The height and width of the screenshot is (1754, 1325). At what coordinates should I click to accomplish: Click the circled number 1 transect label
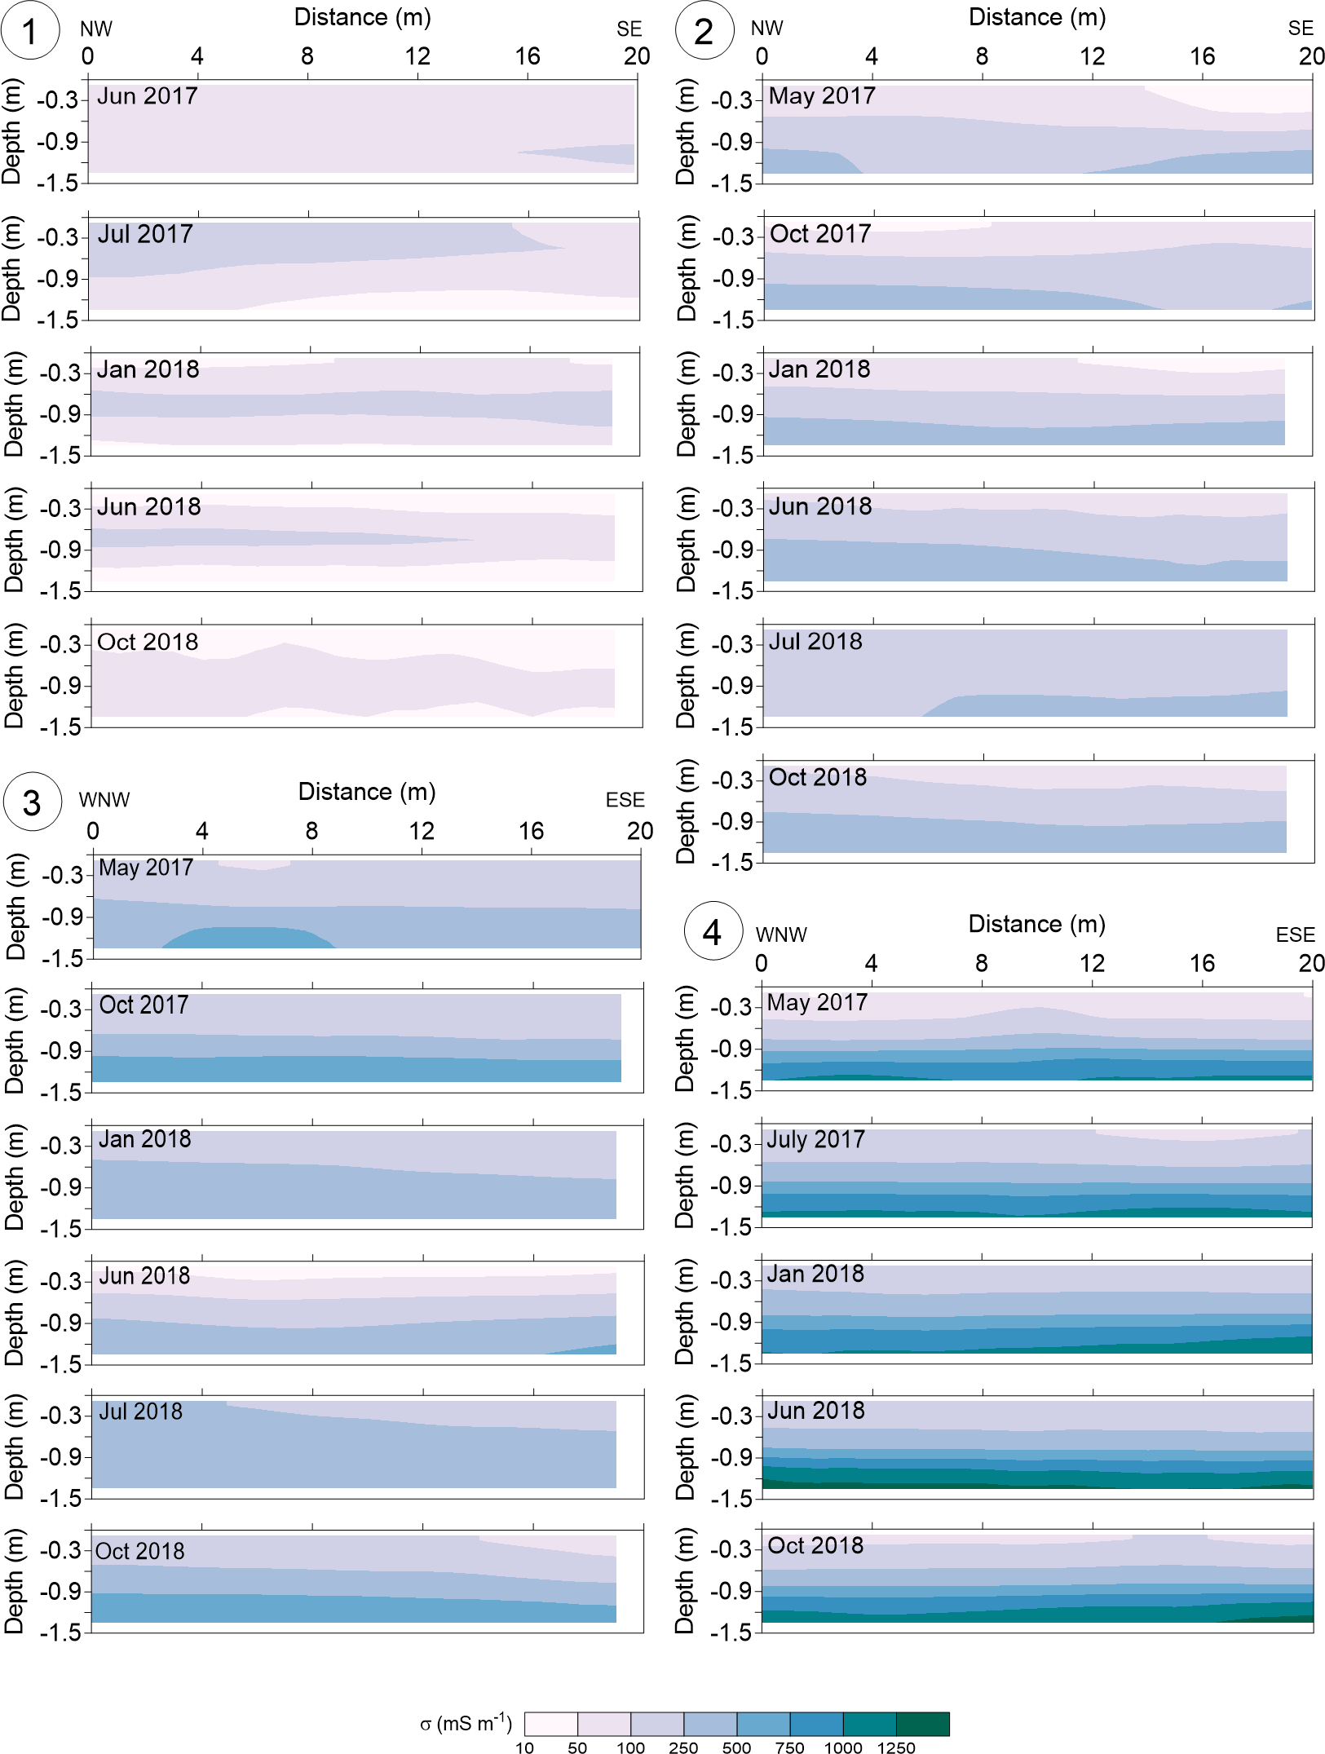pyautogui.click(x=30, y=31)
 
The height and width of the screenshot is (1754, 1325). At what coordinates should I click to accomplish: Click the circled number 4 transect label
pyautogui.click(x=713, y=931)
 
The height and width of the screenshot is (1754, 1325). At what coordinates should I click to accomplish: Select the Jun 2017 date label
pyautogui.click(x=148, y=96)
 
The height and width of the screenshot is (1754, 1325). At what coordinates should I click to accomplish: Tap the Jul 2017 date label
pyautogui.click(x=145, y=234)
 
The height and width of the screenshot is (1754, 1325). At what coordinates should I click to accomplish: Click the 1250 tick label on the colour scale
pyautogui.click(x=896, y=1747)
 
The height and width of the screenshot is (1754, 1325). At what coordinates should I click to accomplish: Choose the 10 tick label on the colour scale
pyautogui.click(x=524, y=1747)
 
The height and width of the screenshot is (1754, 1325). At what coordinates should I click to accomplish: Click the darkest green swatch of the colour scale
pyautogui.click(x=922, y=1724)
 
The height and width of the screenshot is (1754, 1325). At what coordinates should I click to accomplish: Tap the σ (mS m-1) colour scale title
pyautogui.click(x=466, y=1723)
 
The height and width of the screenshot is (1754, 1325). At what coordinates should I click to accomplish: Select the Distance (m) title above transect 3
pyautogui.click(x=367, y=792)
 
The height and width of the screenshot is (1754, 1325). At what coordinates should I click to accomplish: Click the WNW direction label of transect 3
pyautogui.click(x=104, y=800)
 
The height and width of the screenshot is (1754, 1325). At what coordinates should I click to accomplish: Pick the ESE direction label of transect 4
pyautogui.click(x=1295, y=934)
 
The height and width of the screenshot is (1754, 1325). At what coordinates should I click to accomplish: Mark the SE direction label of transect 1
pyautogui.click(x=629, y=29)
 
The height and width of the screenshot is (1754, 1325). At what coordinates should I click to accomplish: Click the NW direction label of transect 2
pyautogui.click(x=766, y=29)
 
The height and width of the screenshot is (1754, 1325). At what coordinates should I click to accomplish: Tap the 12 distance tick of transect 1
pyautogui.click(x=417, y=56)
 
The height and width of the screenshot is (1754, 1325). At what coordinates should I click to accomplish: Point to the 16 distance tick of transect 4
pyautogui.click(x=1202, y=963)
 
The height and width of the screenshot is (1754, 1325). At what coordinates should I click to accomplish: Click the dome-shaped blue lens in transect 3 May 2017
pyautogui.click(x=249, y=937)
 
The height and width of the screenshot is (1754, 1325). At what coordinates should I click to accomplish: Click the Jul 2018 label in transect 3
pyautogui.click(x=140, y=1412)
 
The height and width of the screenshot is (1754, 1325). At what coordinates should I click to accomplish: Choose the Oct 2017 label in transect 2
pyautogui.click(x=820, y=234)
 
